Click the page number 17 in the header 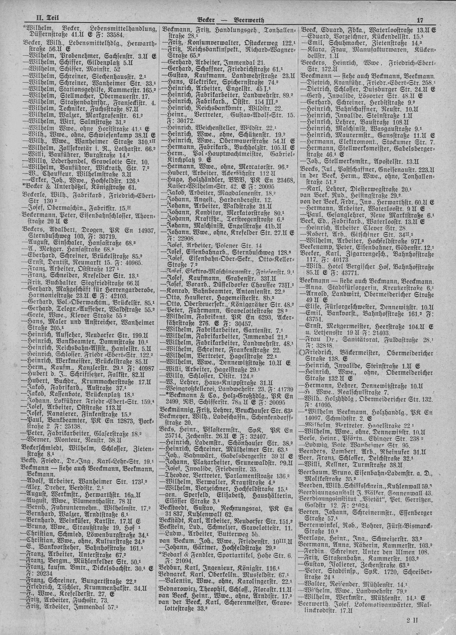(x=420, y=20)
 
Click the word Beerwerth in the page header (x=249, y=20)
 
